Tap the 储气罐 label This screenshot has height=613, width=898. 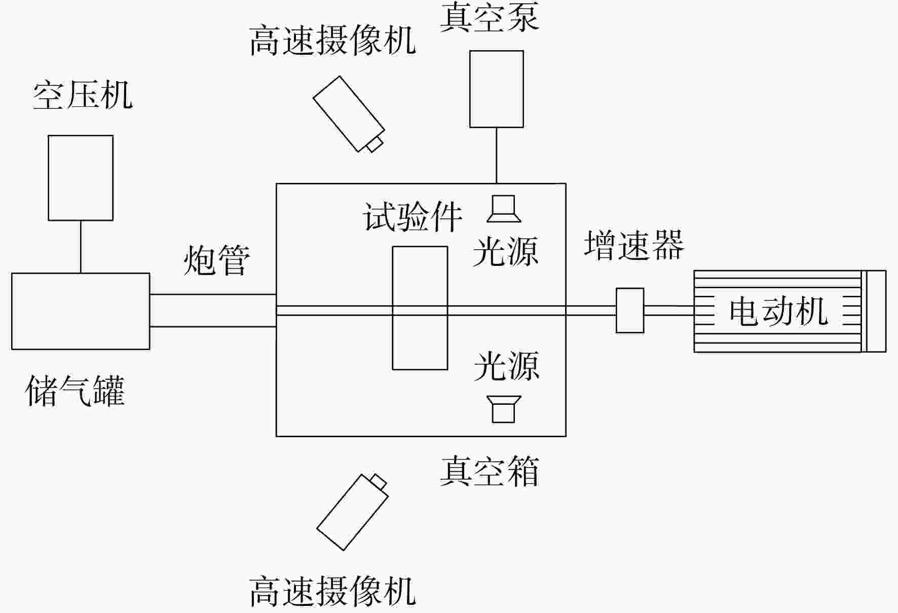(75, 390)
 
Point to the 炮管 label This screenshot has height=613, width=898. (216, 260)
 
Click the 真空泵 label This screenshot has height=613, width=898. (489, 16)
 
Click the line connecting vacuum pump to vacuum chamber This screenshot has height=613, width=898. (497, 156)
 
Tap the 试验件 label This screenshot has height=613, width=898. (413, 217)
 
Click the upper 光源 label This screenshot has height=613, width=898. (505, 251)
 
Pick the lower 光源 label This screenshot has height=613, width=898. (506, 365)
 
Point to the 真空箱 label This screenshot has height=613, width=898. (489, 471)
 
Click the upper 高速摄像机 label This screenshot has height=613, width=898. (332, 41)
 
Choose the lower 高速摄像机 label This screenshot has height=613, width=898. (332, 591)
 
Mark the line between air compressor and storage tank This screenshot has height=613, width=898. (81, 247)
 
